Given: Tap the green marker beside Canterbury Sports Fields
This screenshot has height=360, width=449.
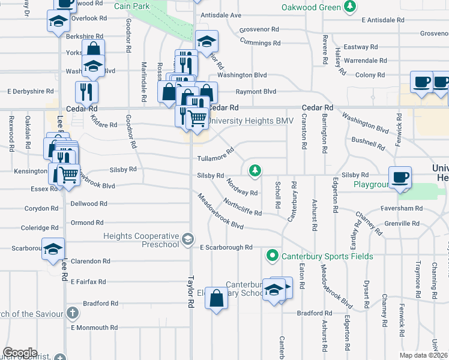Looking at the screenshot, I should pos(272,256).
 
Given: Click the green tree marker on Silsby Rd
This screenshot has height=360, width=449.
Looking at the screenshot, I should pos(256,171).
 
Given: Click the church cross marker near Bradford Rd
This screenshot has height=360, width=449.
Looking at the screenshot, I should pos(72,313).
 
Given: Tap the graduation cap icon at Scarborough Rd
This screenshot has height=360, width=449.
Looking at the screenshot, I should pos(53,248).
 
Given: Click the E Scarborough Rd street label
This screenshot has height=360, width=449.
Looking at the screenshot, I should pos(226,247).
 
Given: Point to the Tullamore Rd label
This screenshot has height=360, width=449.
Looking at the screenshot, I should pos(215,158).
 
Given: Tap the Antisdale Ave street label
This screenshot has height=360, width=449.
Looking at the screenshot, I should pos(221,15).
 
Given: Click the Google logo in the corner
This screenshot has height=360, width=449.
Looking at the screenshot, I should pos(20,352).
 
